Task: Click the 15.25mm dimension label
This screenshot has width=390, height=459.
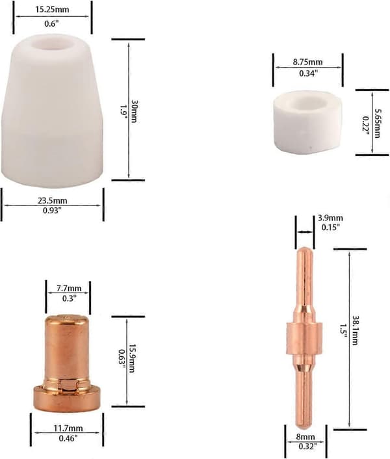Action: tap(53, 9)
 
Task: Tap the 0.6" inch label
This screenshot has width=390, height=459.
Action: tap(52, 24)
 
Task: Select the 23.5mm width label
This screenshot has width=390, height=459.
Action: tap(53, 201)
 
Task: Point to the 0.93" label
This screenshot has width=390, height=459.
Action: tap(53, 210)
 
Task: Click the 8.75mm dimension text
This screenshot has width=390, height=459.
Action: tap(308, 62)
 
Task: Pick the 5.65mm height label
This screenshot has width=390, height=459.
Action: tap(377, 123)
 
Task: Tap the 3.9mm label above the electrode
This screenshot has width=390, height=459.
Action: tap(330, 218)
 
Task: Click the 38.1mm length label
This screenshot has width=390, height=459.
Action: tap(355, 330)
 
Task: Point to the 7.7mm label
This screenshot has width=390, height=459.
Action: tap(69, 289)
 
